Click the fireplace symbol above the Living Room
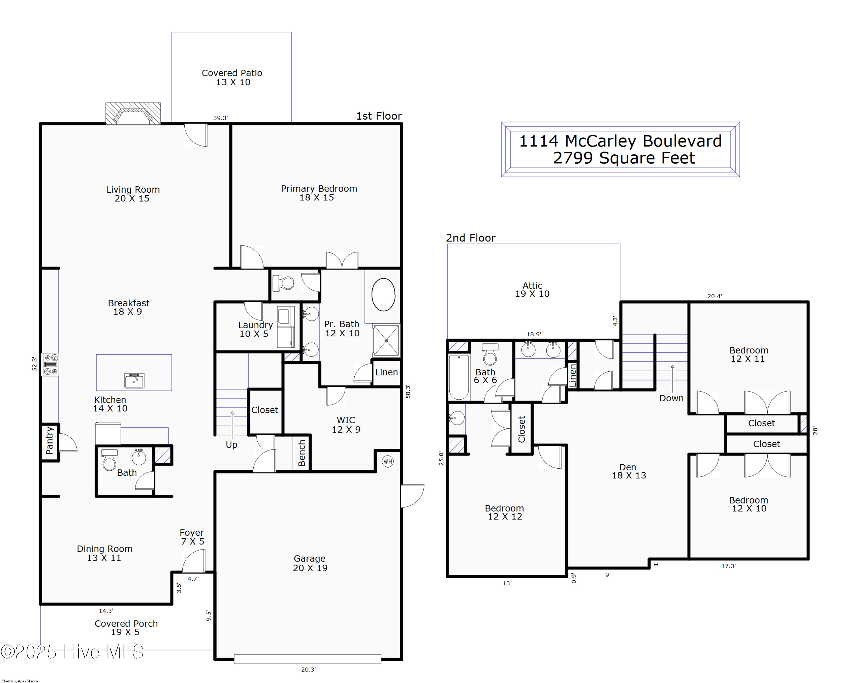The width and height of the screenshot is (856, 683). (133, 114)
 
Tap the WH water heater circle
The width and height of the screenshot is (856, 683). (387, 461)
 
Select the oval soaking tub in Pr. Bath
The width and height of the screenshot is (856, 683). (383, 295)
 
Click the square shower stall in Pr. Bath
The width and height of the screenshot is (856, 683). (386, 340)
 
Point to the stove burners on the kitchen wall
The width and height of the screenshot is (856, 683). (51, 364)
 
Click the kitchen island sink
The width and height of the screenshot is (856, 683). (134, 380)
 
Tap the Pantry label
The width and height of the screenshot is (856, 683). (50, 440)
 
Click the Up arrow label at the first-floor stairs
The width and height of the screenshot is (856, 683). (231, 444)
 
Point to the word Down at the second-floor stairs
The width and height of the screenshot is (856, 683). (671, 398)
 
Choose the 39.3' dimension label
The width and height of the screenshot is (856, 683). (220, 118)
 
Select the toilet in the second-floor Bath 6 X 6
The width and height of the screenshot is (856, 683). (490, 354)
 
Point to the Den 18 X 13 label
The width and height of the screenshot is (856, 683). (629, 471)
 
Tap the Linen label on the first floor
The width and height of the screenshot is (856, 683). (386, 372)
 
